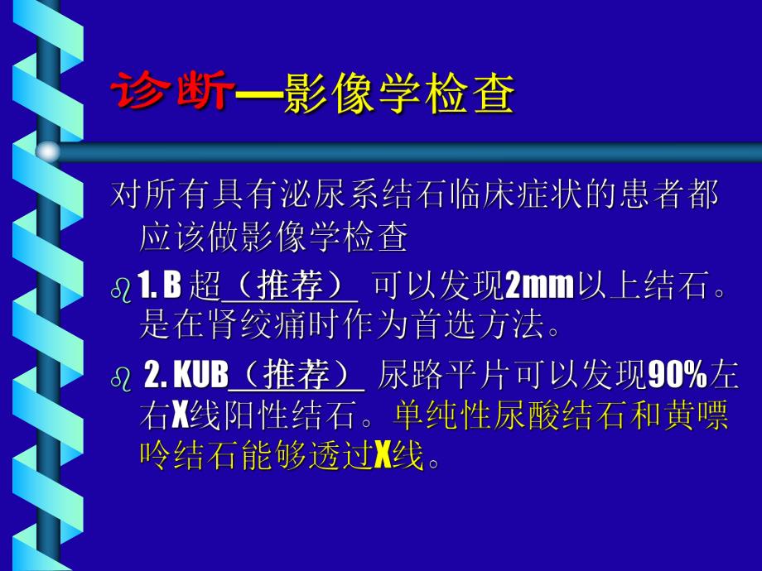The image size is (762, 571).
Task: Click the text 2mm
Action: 539,287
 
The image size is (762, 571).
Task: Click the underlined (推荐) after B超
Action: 290,287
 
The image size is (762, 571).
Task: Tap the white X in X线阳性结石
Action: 181,416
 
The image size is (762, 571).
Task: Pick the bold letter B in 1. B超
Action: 171,287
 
